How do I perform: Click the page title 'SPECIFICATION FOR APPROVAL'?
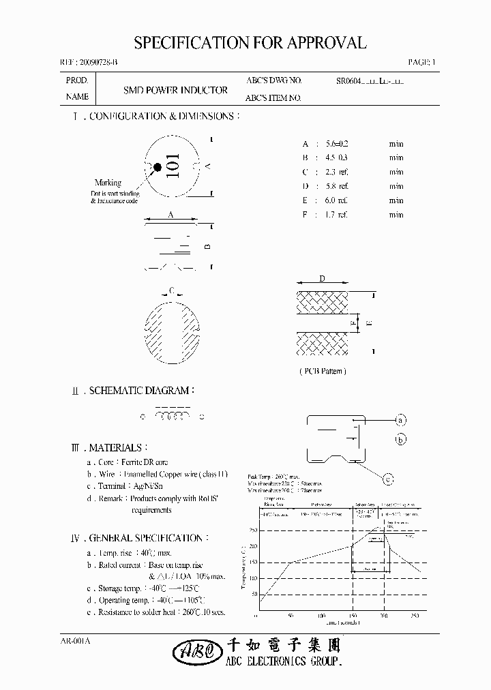click(250, 43)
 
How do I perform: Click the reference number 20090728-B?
click(94, 63)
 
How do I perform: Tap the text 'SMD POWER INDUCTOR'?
click(175, 89)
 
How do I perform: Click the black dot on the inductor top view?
click(158, 166)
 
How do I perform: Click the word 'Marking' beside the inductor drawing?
click(108, 183)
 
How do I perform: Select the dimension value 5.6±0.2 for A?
click(337, 144)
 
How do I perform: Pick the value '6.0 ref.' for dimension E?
click(337, 200)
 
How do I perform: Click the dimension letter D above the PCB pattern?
click(322, 279)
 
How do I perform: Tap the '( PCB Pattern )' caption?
click(323, 371)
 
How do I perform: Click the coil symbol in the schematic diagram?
click(173, 416)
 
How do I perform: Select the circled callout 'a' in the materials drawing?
click(401, 419)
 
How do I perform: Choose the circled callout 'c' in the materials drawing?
click(387, 480)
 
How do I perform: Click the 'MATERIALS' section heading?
click(117, 448)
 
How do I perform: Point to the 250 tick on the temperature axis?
click(253, 530)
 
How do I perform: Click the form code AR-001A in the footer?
click(76, 641)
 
